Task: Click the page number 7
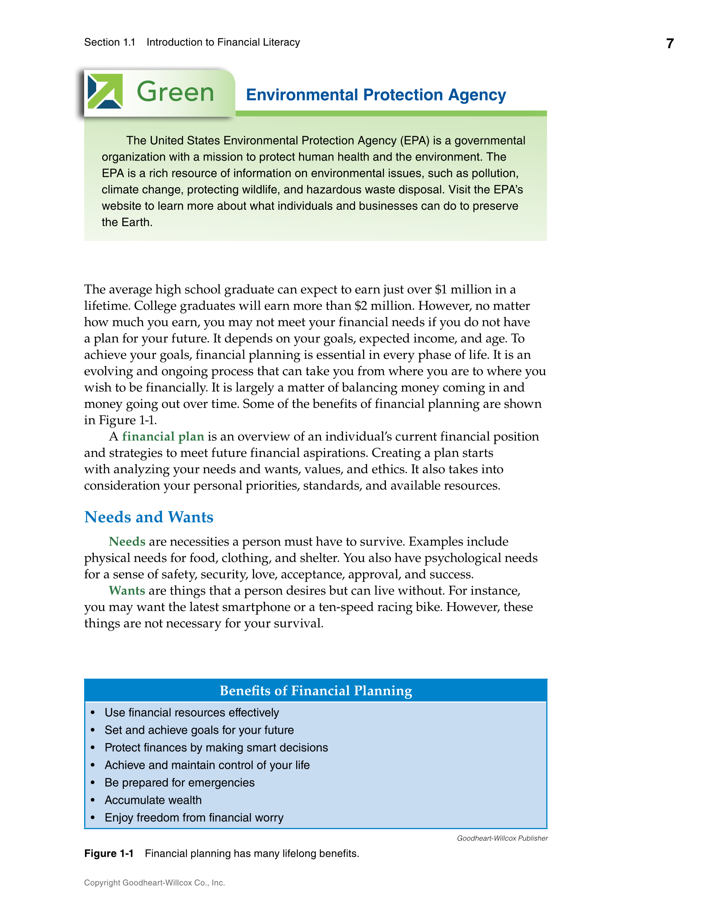point(670,44)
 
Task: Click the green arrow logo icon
point(105,91)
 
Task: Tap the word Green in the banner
point(175,92)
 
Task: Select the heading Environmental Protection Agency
point(376,95)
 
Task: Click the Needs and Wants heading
point(149,517)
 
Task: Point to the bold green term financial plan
point(163,436)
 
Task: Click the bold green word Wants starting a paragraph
point(127,591)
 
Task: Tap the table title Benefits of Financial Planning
point(316,691)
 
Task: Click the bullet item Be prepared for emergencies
point(179,783)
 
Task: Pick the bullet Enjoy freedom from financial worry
point(194,818)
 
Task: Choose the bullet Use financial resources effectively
point(192,713)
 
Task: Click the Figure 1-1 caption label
point(109,854)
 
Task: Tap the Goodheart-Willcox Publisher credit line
point(502,838)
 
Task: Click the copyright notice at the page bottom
point(155,883)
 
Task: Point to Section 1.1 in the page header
point(110,43)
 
